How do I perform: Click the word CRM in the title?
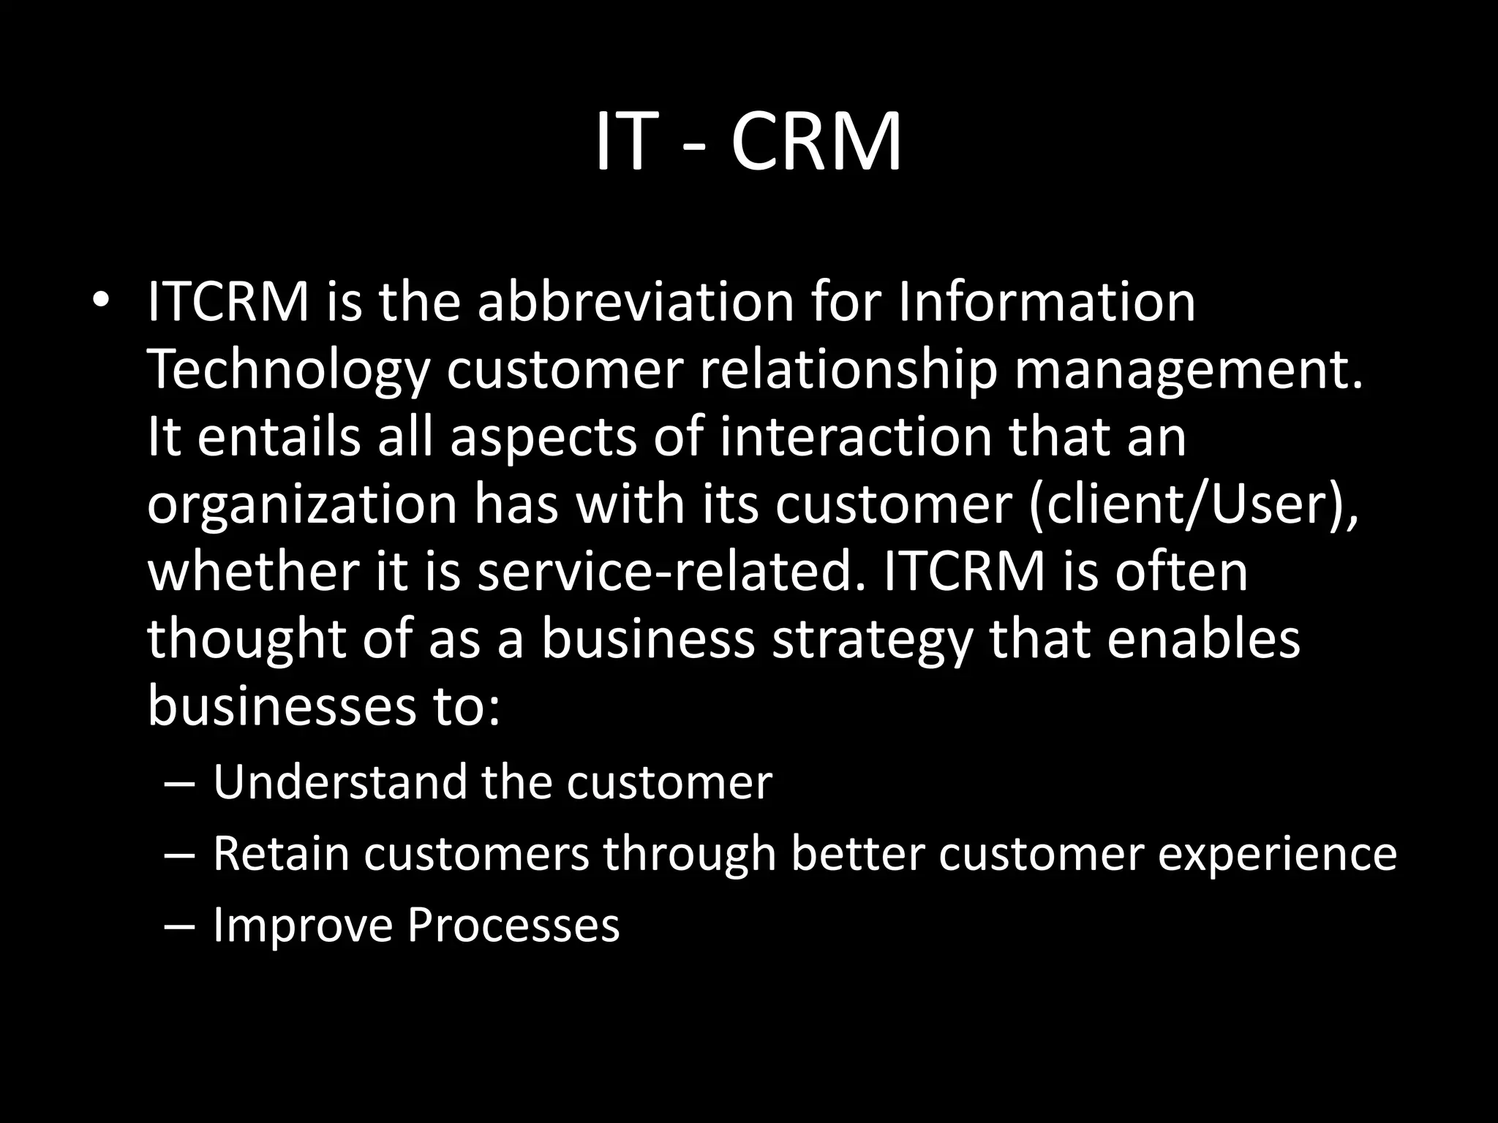pyautogui.click(x=816, y=143)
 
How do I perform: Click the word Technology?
pyautogui.click(x=288, y=370)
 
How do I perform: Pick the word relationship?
pyautogui.click(x=848, y=370)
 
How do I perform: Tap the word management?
pyautogui.click(x=1189, y=370)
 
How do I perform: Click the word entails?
pyautogui.click(x=279, y=436)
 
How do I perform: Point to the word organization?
pyautogui.click(x=302, y=504)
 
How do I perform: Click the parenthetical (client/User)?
pyautogui.click(x=1194, y=504)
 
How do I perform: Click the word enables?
pyautogui.click(x=1203, y=639)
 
